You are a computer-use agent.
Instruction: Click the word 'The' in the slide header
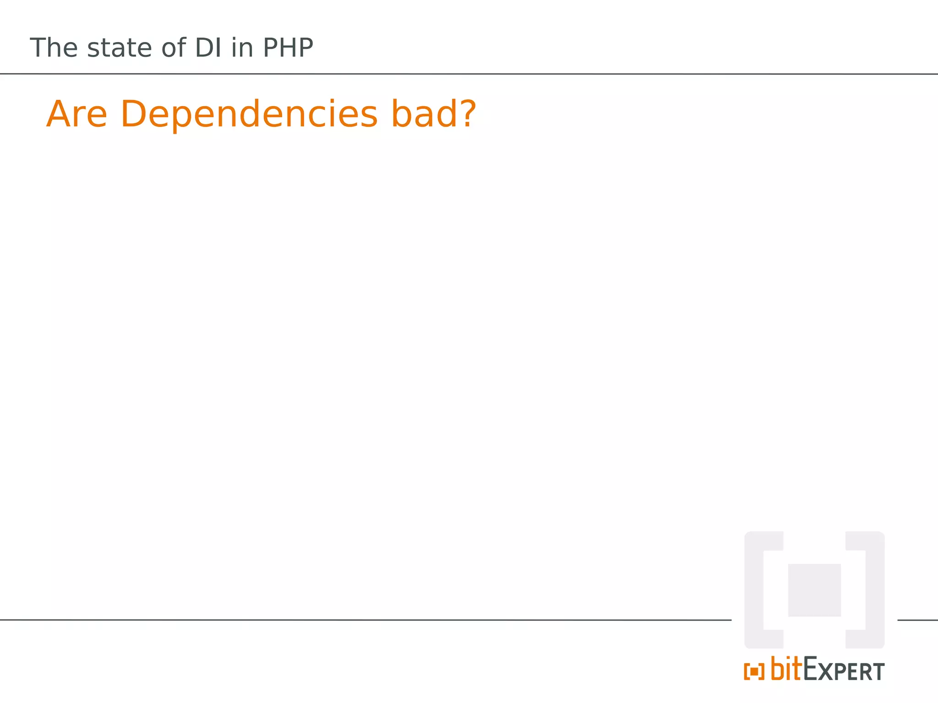54,48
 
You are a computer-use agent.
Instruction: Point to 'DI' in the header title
208,48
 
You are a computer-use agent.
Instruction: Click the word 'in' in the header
242,48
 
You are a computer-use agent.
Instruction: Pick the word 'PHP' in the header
288,48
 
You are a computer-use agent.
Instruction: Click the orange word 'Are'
77,114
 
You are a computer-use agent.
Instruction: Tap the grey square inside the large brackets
814,590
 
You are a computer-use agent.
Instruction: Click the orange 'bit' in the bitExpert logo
786,669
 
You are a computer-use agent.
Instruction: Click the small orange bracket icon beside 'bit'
754,672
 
